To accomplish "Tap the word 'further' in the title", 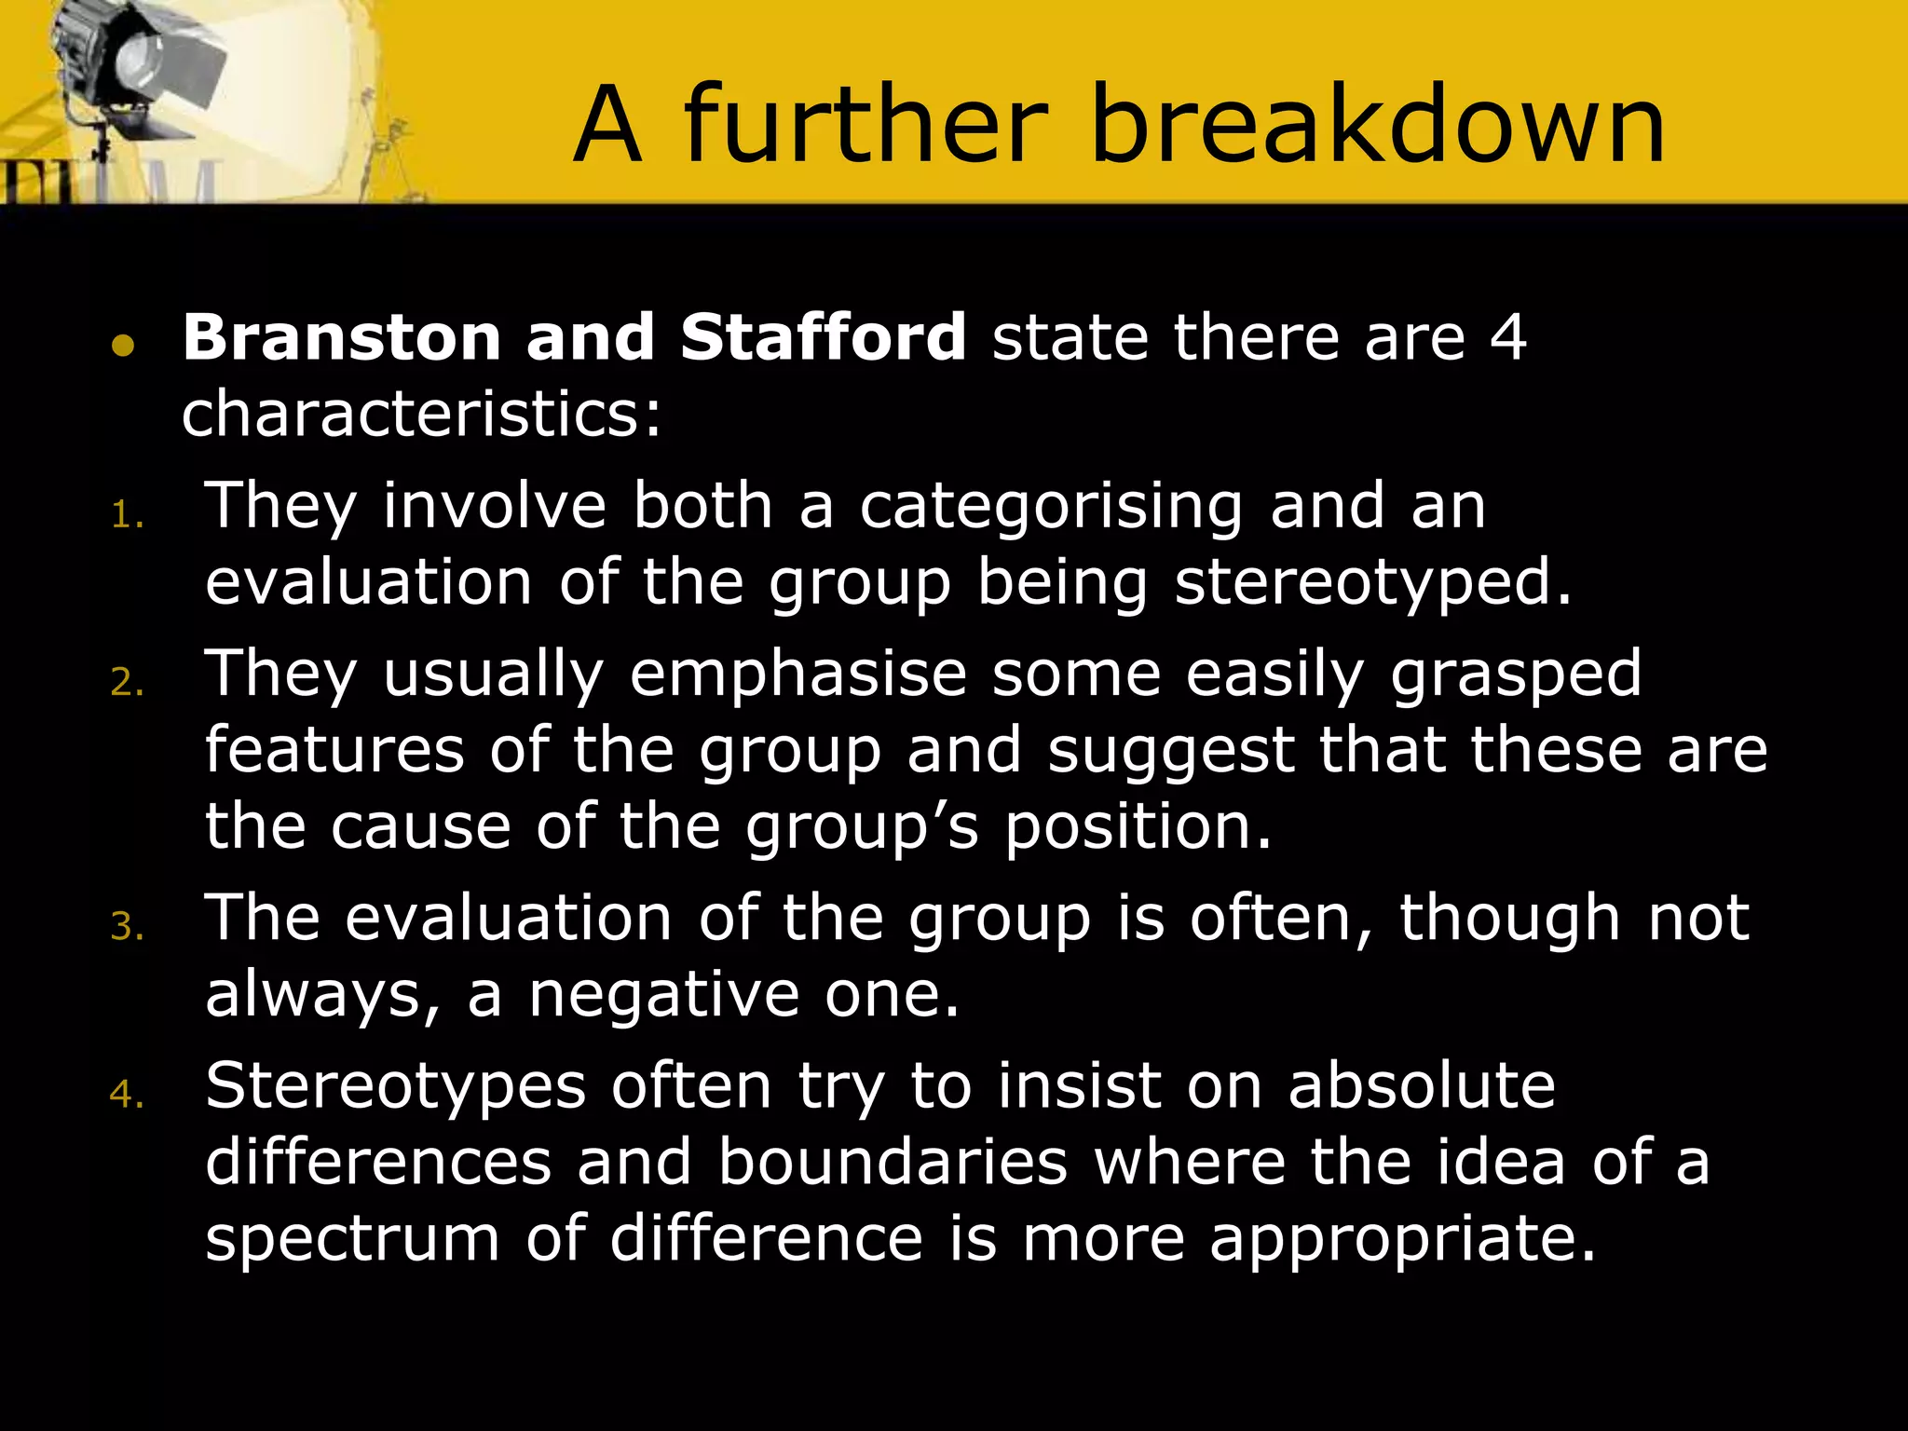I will click(x=865, y=125).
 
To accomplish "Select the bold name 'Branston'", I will click(x=342, y=337).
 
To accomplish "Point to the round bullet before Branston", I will click(x=123, y=347).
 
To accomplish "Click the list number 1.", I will click(x=126, y=515).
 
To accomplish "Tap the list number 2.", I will click(x=126, y=683).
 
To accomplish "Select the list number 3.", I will click(x=126, y=927).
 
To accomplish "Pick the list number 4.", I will click(x=126, y=1095).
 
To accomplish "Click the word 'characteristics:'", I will click(x=421, y=415).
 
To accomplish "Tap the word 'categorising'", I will click(x=1051, y=508).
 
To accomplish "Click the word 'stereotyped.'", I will click(x=1373, y=584).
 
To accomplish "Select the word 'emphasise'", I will click(x=798, y=675).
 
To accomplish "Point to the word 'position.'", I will click(x=1138, y=828).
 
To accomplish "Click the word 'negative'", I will click(x=664, y=995).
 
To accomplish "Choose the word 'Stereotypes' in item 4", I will click(x=396, y=1087).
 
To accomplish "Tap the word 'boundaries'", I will click(x=893, y=1163).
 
